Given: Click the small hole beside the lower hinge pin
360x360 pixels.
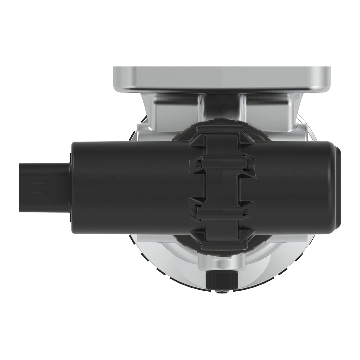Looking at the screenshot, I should [247, 212].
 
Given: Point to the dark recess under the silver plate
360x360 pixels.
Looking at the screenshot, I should [222, 108].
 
